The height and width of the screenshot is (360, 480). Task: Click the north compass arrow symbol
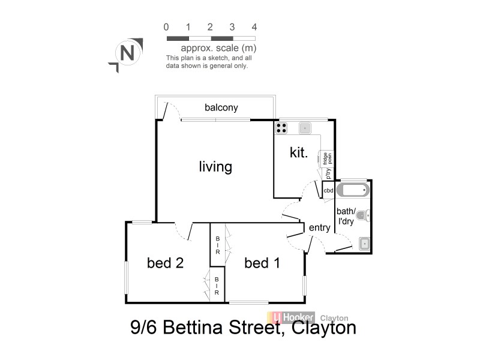pyautogui.click(x=126, y=54)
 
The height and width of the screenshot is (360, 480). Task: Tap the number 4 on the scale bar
pyautogui.click(x=254, y=27)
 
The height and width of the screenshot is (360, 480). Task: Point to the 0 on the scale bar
pyautogui.click(x=166, y=27)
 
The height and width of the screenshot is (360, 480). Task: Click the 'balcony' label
pyautogui.click(x=221, y=108)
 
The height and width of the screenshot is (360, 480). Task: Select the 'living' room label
pyautogui.click(x=215, y=166)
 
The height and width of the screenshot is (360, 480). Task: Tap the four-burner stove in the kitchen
pyautogui.click(x=281, y=127)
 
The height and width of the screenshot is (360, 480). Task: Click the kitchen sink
pyautogui.click(x=305, y=127)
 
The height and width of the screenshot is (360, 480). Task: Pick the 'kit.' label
pyautogui.click(x=299, y=153)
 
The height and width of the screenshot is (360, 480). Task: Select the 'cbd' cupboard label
pyautogui.click(x=328, y=190)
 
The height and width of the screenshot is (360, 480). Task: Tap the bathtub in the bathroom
pyautogui.click(x=352, y=191)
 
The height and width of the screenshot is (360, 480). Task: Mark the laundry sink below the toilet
pyautogui.click(x=364, y=243)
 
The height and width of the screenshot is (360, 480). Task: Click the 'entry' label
pyautogui.click(x=319, y=227)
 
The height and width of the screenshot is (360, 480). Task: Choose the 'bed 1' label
pyautogui.click(x=262, y=262)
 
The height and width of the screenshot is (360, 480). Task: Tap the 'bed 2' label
pyautogui.click(x=165, y=262)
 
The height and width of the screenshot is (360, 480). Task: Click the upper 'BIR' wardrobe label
pyautogui.click(x=217, y=245)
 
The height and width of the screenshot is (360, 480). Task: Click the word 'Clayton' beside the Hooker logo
pyautogui.click(x=334, y=319)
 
